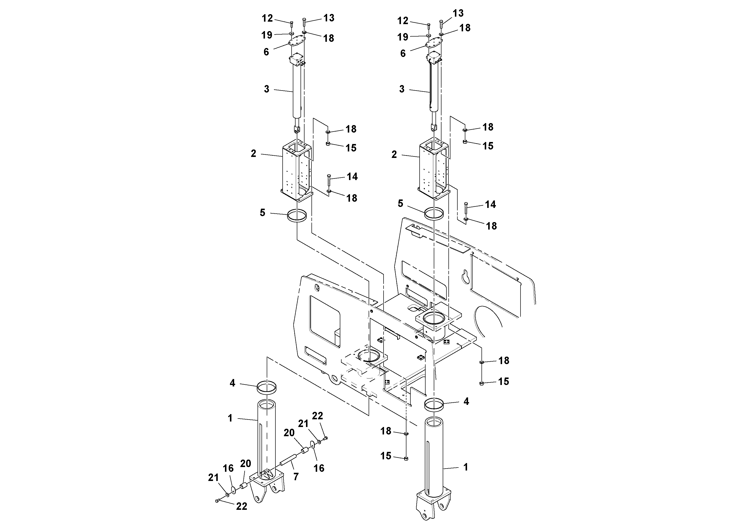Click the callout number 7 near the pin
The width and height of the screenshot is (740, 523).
[296, 476]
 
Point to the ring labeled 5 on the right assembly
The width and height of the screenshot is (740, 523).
[434, 213]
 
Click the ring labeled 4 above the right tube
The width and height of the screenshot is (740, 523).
[434, 405]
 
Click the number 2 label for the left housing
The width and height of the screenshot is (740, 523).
[254, 153]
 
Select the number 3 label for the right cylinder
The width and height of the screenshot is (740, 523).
[402, 89]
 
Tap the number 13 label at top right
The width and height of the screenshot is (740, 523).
[458, 13]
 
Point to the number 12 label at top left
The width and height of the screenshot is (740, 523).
[267, 18]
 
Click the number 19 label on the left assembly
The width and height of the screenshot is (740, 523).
[267, 35]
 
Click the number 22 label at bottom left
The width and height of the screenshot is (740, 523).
[241, 506]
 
